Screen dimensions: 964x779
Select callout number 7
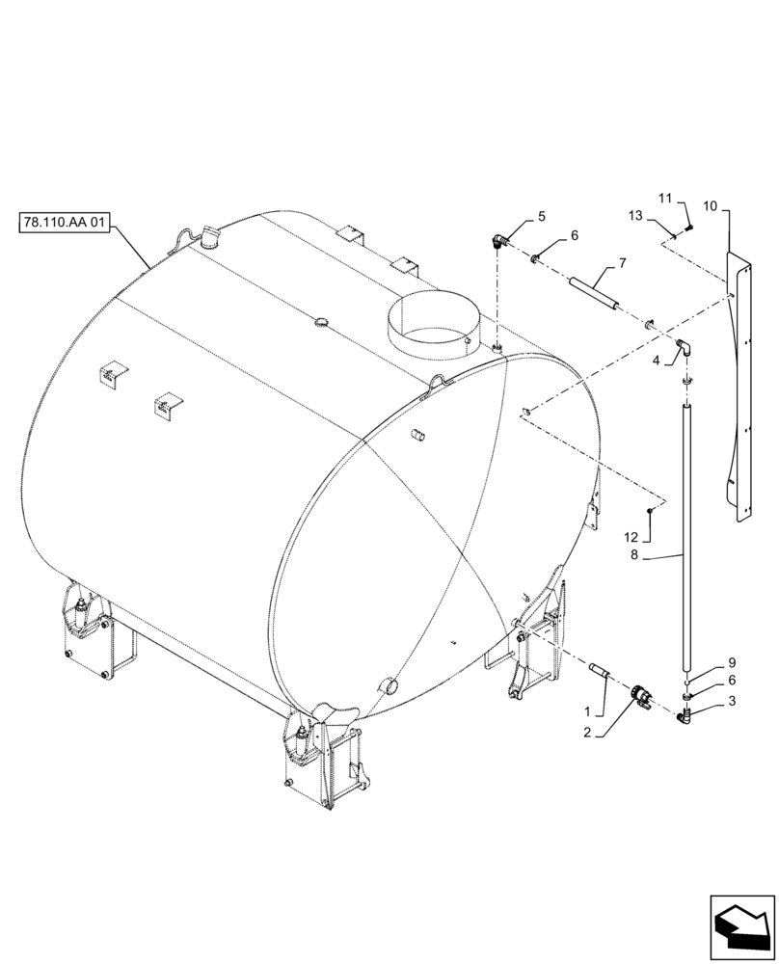(622, 263)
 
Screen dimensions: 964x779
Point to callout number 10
(710, 206)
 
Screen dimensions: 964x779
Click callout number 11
(664, 199)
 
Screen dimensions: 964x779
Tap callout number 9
(732, 663)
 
